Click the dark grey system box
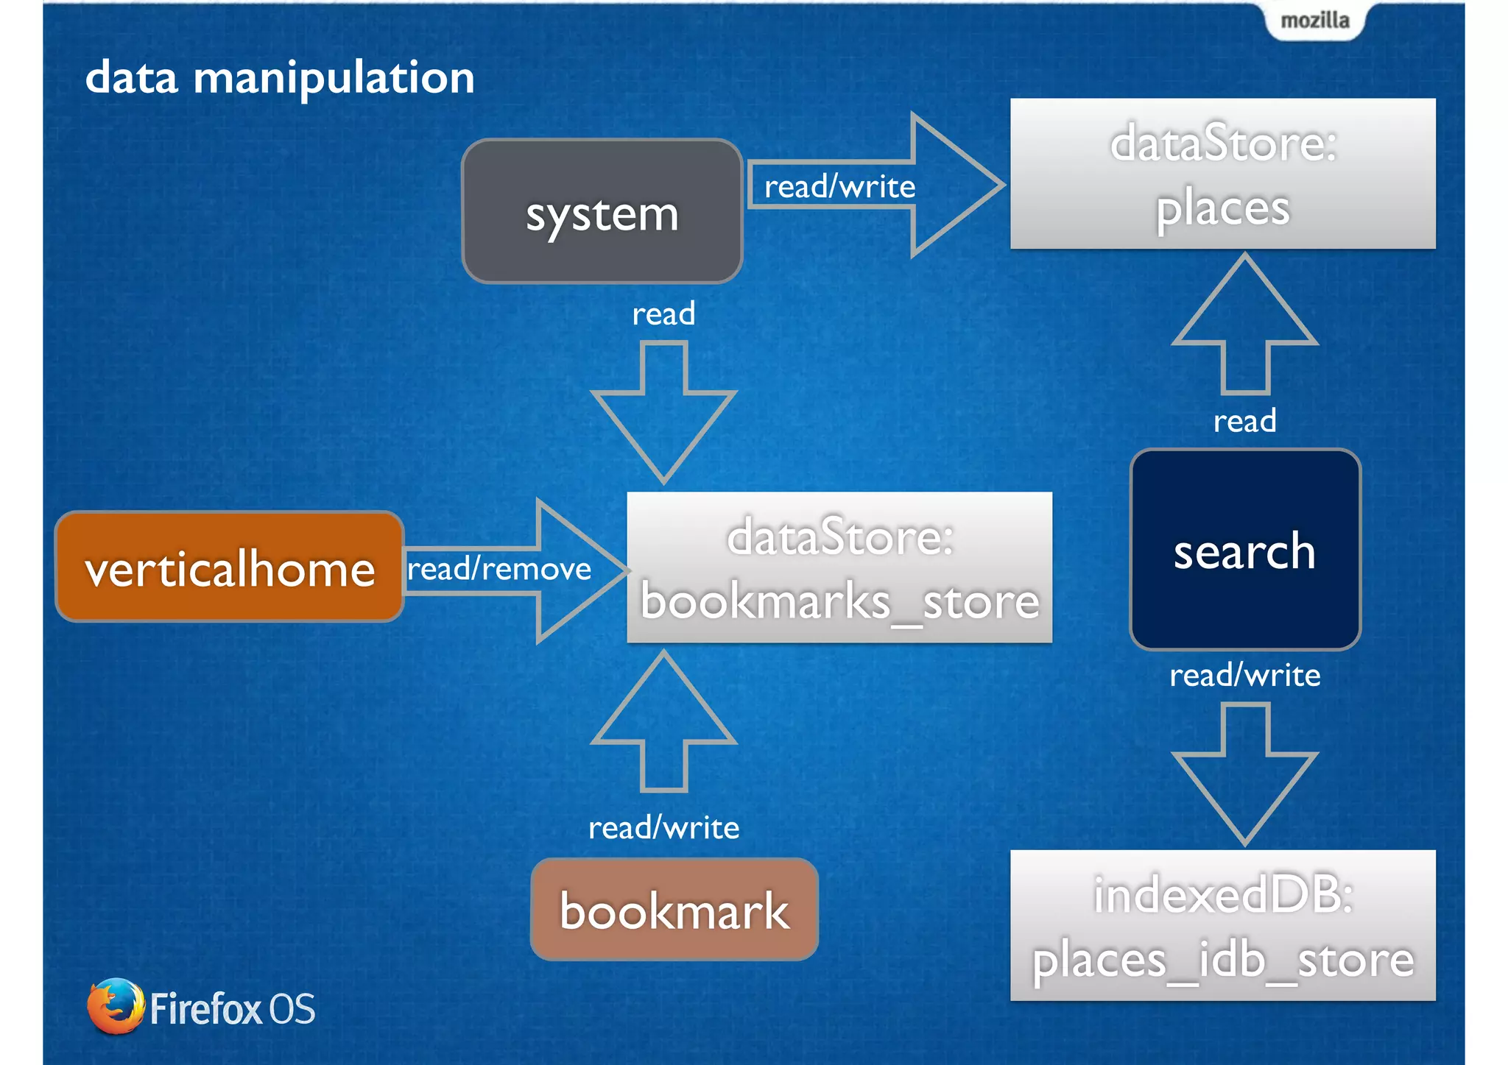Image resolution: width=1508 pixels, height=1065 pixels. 602,212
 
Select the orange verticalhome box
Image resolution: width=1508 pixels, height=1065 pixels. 230,567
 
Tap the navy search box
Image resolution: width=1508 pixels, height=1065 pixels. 1244,550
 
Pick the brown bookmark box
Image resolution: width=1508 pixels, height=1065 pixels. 674,910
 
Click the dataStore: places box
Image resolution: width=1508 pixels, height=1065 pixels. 1222,174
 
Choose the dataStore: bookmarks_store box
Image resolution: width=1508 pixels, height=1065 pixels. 839,567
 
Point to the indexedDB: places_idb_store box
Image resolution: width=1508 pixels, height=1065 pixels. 1222,925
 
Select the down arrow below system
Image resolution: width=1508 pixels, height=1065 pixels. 663,420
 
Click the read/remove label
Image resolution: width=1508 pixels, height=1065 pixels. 499,569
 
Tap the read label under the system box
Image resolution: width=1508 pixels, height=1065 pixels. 663,314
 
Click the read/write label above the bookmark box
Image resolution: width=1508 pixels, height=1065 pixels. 663,828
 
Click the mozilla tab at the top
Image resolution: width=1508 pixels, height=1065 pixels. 1315,21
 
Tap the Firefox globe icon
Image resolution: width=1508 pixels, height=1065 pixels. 115,1006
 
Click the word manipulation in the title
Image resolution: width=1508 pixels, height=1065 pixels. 334,78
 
